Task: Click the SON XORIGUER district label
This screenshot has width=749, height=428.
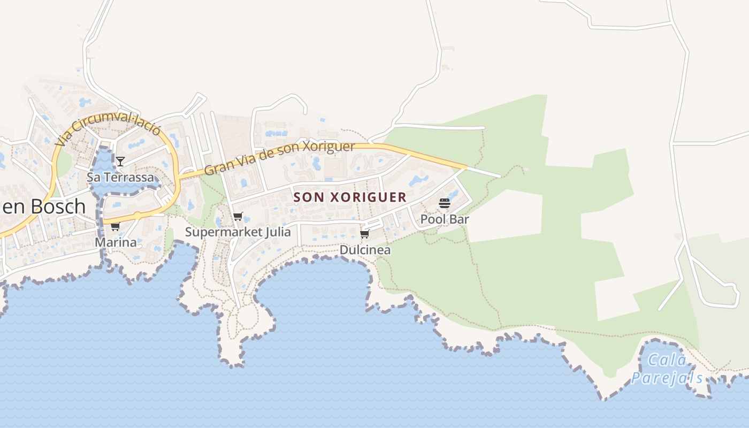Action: coord(350,197)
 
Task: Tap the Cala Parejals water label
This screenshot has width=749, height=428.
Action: coord(667,369)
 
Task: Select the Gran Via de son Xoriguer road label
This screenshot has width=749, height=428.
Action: coord(280,158)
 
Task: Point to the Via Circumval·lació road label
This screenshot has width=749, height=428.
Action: coord(108,130)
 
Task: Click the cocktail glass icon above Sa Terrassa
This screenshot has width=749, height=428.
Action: coord(120,161)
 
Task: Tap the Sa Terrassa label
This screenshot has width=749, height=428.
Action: coord(120,177)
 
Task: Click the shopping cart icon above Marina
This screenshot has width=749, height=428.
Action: coord(115,227)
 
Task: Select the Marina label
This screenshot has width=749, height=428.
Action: coord(116,242)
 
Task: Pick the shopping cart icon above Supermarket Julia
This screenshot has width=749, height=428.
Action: coord(238,217)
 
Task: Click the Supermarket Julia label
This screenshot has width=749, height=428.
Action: coord(238,232)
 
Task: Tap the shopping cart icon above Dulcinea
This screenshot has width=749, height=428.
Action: coord(365,234)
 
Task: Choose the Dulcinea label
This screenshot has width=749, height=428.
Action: coord(365,250)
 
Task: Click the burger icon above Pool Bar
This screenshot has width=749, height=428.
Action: coord(445,203)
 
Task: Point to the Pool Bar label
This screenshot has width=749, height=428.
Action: coord(445,219)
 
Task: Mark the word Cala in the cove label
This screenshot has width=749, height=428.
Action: coord(666,360)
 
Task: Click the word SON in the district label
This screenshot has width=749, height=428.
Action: coord(309,197)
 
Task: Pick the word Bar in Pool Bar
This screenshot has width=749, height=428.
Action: coord(459,219)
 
